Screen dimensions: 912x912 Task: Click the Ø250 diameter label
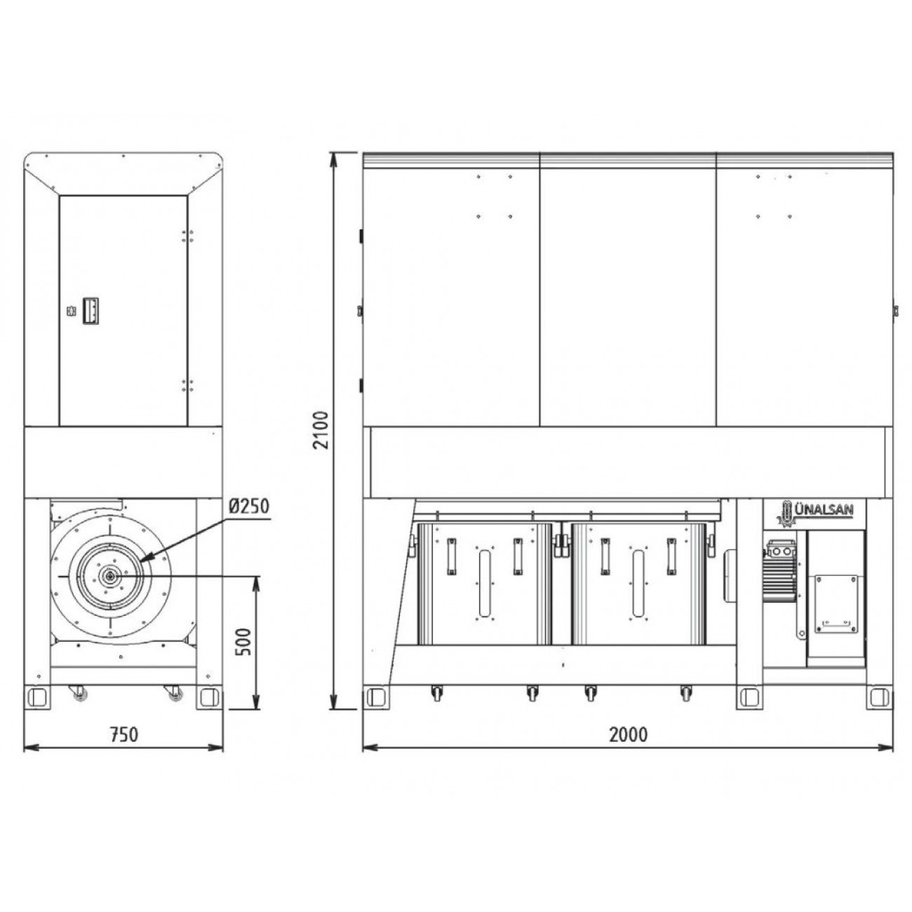[249, 507]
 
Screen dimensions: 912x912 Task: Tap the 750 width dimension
[124, 735]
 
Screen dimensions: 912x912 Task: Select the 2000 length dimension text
[628, 735]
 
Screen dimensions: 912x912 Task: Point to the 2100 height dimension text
[322, 430]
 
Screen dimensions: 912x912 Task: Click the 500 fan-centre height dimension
[243, 641]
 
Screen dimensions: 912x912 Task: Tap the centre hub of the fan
[110, 576]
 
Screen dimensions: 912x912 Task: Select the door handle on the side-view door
[90, 311]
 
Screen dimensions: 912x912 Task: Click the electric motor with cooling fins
[780, 571]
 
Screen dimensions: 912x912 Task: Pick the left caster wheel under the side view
[79, 692]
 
